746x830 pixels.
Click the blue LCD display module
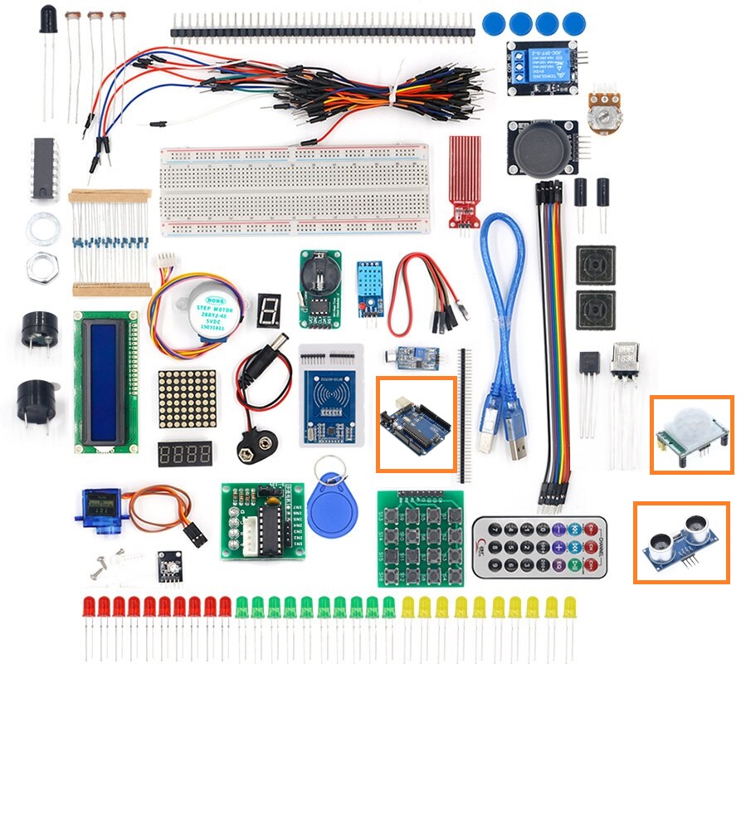click(x=105, y=382)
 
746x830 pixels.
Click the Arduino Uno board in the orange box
click(x=415, y=424)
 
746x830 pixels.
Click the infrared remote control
click(x=539, y=548)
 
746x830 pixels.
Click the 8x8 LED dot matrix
click(x=187, y=398)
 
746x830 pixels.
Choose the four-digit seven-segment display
click(x=184, y=454)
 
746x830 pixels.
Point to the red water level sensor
click(x=466, y=178)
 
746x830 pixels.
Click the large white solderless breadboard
click(x=295, y=191)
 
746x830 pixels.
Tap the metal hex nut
click(x=41, y=266)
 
